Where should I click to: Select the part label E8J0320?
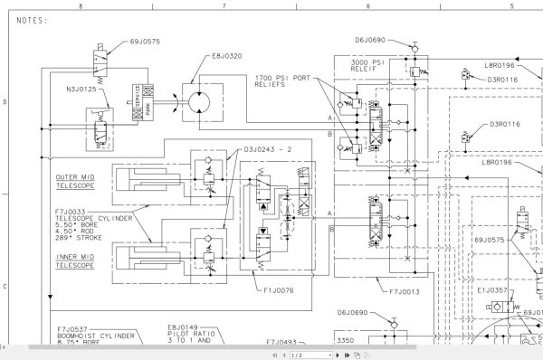click(x=227, y=55)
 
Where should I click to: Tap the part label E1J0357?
click(x=491, y=292)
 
